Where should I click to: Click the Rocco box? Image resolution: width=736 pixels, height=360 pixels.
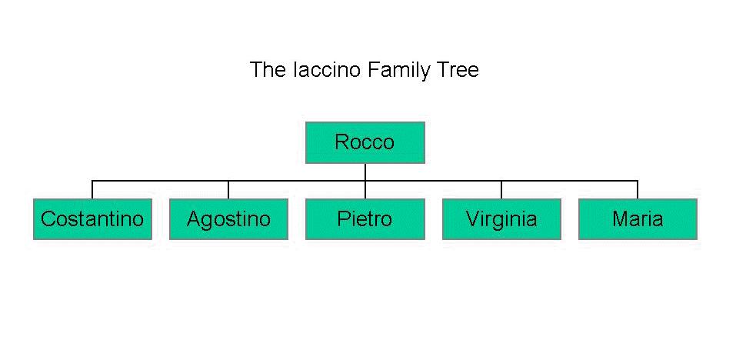click(365, 143)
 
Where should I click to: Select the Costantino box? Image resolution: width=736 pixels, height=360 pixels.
click(92, 219)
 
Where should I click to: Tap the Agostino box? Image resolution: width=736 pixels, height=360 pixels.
click(228, 219)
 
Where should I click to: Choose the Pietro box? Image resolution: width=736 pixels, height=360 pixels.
click(365, 219)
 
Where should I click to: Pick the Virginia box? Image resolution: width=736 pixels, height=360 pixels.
click(501, 219)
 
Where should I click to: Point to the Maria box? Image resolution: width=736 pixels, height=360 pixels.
click(638, 219)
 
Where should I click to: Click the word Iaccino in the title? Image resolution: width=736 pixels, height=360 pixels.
click(326, 70)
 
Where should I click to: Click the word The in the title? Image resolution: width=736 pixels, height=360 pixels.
click(268, 70)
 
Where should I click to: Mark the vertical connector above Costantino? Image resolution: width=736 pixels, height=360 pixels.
click(92, 190)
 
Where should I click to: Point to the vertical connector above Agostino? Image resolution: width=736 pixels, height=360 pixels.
click(228, 190)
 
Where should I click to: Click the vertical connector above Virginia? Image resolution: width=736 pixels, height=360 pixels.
click(501, 190)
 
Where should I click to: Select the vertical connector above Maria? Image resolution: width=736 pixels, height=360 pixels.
click(638, 190)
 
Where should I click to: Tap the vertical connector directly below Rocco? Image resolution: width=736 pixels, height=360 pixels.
click(365, 172)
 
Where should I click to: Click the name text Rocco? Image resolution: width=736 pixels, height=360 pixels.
click(365, 142)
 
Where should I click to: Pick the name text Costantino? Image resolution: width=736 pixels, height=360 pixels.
click(92, 219)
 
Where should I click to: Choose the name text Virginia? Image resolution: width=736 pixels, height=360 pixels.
click(501, 219)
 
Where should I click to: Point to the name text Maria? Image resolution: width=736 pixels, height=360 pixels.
click(638, 219)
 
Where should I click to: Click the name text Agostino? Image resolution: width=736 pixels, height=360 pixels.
click(228, 219)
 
